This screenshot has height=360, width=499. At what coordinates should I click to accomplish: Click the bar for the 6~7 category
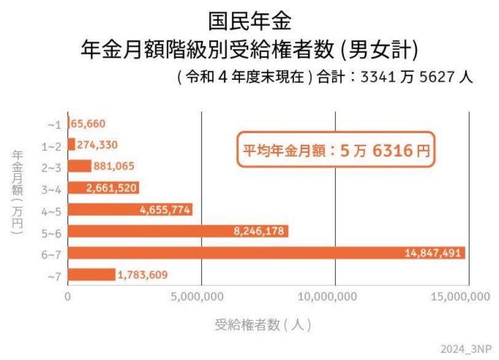(266, 253)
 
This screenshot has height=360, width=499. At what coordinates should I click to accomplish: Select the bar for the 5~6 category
(177, 231)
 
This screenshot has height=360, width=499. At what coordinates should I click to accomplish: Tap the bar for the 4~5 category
(130, 210)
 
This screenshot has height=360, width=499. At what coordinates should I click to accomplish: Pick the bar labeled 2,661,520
(103, 188)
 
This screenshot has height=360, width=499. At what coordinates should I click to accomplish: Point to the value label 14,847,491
(433, 253)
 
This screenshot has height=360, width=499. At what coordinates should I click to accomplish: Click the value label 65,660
(89, 124)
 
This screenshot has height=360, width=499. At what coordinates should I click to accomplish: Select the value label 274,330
(97, 145)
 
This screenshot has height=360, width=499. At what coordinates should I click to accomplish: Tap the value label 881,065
(114, 166)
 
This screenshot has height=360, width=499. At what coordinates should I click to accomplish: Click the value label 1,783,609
(142, 275)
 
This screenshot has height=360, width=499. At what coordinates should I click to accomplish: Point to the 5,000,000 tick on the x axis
(201, 297)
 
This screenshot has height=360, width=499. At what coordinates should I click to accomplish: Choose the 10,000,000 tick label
(335, 297)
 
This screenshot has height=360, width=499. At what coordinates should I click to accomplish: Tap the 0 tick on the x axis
(68, 297)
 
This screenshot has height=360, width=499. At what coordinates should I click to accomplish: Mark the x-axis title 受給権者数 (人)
(264, 323)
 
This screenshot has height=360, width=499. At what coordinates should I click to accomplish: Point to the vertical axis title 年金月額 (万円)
(18, 191)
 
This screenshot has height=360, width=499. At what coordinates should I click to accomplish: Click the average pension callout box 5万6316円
(335, 150)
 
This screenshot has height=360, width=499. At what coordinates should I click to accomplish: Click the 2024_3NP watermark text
(466, 348)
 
